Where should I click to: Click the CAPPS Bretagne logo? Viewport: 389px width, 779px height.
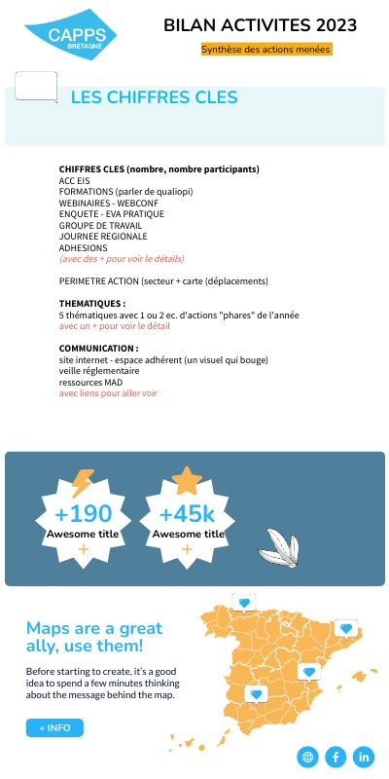click(x=70, y=39)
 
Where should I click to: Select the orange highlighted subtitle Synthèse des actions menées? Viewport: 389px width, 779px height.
click(x=265, y=49)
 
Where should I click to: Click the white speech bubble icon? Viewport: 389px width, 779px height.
click(x=36, y=87)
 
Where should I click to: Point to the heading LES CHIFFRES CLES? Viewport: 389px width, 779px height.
click(x=154, y=97)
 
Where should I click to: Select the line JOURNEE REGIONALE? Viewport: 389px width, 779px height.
click(x=103, y=237)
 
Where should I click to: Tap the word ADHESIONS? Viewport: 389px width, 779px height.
click(x=83, y=248)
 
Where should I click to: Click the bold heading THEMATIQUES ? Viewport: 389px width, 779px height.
click(x=91, y=304)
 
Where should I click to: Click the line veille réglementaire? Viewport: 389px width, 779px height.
click(x=98, y=371)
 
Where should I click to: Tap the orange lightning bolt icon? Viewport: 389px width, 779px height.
click(x=83, y=483)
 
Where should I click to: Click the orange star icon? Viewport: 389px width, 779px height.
click(x=186, y=480)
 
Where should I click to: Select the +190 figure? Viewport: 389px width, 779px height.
click(x=83, y=514)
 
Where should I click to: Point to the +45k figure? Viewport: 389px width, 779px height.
click(x=188, y=514)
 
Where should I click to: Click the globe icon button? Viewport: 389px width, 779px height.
click(x=308, y=757)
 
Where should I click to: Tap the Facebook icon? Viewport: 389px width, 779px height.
click(x=336, y=757)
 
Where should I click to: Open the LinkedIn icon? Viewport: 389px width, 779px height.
click(x=364, y=757)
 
